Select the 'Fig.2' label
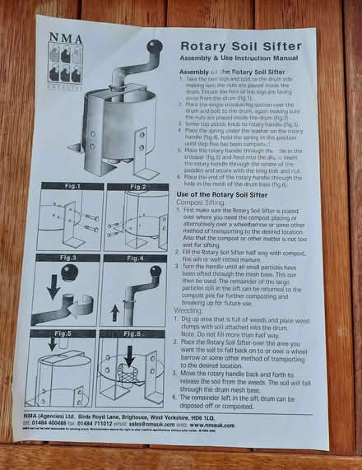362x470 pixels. (137, 187)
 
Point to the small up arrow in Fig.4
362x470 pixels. (114, 312)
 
